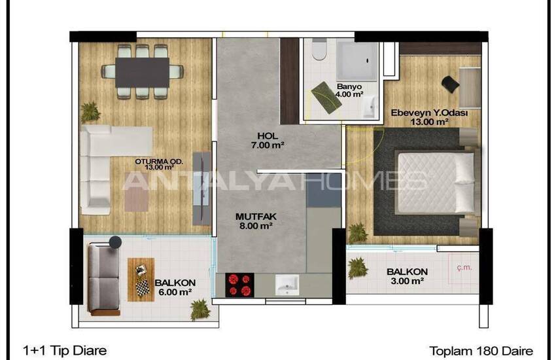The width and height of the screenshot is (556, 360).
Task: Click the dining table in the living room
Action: (142, 73)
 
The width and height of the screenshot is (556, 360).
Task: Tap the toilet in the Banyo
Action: (319, 49)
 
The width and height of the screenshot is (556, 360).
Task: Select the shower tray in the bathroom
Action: (356, 61)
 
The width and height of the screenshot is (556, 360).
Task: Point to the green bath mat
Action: (326, 98)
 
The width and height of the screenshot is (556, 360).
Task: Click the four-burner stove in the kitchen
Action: (239, 285)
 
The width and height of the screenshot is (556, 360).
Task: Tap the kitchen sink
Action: (287, 285)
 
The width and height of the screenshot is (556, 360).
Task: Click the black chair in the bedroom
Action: (450, 84)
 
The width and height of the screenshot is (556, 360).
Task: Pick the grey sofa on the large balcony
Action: (104, 279)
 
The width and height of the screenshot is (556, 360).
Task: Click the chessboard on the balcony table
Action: (143, 287)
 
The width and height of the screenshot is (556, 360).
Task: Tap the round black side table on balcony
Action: (115, 242)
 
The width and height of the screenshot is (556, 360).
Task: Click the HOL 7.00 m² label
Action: (268, 140)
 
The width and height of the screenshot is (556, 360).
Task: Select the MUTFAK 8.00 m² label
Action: (256, 221)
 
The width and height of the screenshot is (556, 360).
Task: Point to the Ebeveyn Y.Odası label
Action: (429, 113)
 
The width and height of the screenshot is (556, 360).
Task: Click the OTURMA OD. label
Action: (159, 162)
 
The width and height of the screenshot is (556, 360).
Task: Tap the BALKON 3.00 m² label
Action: (407, 276)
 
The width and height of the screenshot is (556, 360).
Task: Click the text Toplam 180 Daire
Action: (481, 351)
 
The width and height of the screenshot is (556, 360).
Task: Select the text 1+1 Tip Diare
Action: (65, 351)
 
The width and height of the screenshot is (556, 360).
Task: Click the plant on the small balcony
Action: (357, 268)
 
